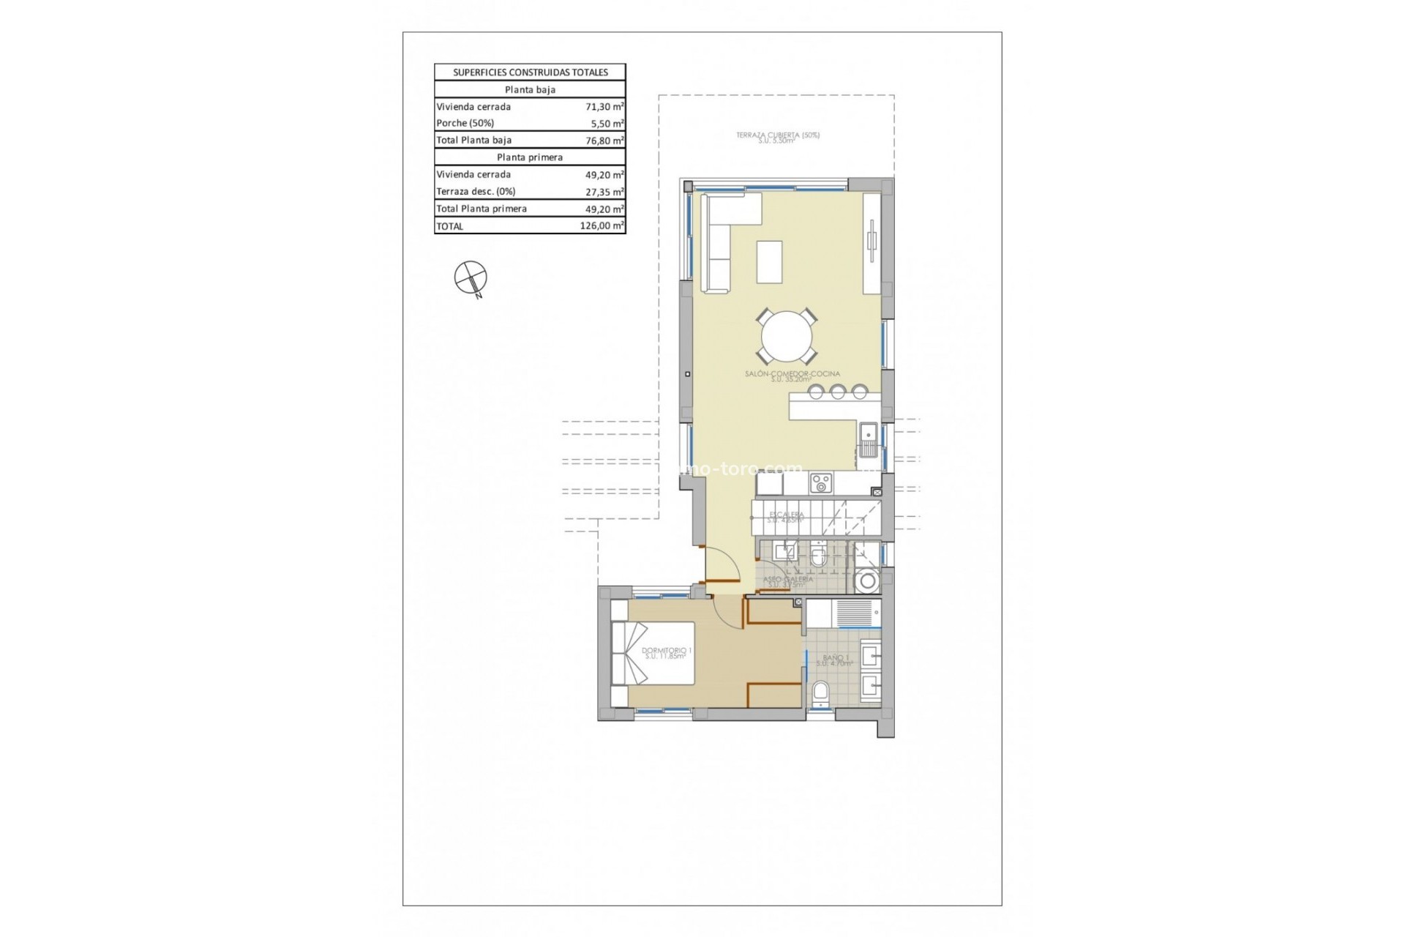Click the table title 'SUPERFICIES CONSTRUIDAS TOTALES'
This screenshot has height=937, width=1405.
530,72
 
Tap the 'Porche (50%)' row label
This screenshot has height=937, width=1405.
465,124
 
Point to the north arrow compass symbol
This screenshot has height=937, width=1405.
471,278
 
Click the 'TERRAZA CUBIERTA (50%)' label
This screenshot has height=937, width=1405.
777,135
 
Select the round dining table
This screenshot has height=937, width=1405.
787,337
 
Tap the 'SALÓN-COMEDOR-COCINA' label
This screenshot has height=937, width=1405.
792,374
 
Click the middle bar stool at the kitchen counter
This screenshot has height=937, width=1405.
837,392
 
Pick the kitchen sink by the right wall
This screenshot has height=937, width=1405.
869,439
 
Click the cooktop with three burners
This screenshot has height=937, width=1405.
821,483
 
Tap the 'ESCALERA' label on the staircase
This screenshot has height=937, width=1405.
786,515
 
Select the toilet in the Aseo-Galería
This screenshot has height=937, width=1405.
819,558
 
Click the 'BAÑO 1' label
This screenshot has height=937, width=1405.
835,658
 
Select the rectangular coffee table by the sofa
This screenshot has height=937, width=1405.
769,261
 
